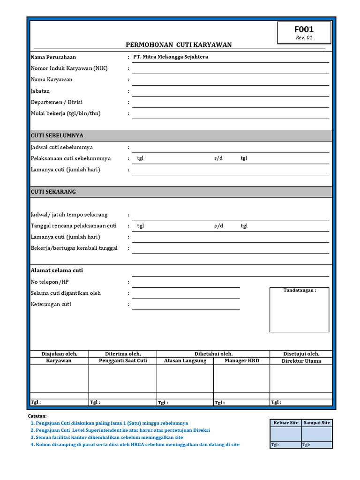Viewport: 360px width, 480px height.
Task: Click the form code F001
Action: [x=304, y=30]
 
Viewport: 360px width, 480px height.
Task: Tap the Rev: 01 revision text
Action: [x=304, y=38]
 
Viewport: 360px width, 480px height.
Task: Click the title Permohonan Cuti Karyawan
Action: [x=179, y=45]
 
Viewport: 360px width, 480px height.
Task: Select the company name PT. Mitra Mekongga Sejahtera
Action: [x=171, y=57]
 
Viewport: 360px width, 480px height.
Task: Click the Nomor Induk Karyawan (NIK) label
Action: [x=69, y=68]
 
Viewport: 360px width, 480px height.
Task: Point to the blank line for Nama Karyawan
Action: [x=230, y=80]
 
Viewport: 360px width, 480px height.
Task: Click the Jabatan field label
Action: [x=40, y=91]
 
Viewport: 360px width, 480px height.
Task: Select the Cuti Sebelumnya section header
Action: [x=57, y=135]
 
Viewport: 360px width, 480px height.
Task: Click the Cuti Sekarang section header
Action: [x=53, y=192]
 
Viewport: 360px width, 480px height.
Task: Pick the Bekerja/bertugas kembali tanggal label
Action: [x=74, y=248]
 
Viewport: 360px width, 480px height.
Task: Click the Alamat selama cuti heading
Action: [x=57, y=270]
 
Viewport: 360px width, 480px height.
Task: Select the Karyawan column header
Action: [x=59, y=361]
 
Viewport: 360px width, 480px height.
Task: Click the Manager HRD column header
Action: [x=241, y=361]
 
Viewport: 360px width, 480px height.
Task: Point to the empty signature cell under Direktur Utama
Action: [x=301, y=378]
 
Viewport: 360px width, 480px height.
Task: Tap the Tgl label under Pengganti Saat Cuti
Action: [x=95, y=402]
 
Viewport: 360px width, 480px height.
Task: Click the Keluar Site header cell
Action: [x=285, y=423]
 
